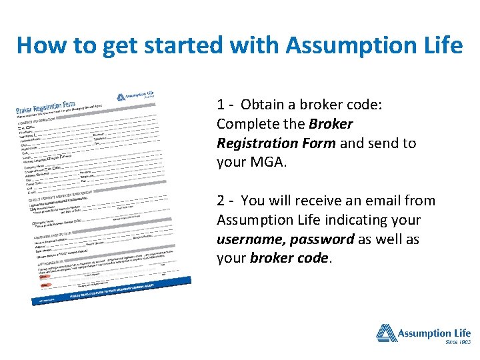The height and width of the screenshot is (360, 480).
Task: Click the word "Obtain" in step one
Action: [x=263, y=105]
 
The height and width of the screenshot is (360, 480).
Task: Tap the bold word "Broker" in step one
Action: [x=331, y=124]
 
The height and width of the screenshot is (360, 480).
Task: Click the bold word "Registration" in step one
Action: [x=257, y=143]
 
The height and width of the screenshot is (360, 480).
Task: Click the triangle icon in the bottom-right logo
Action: [x=386, y=333]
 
